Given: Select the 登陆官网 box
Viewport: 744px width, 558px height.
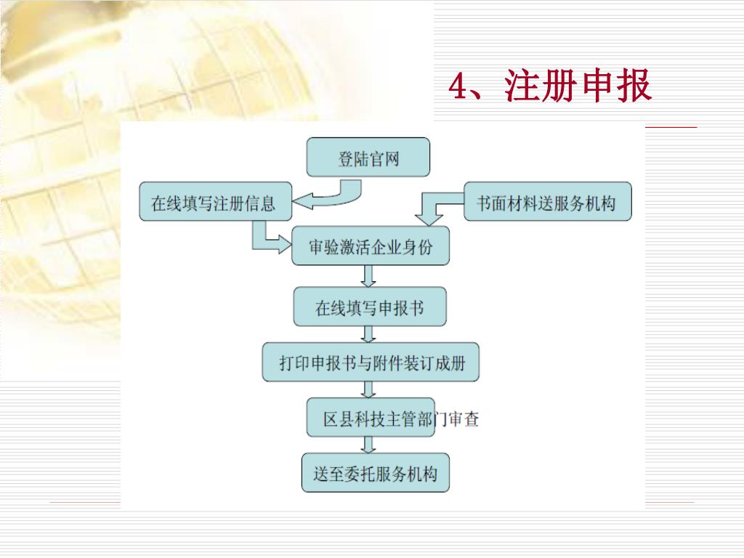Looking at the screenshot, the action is click(368, 158).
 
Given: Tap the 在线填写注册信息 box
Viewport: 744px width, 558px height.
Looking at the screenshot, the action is click(215, 202).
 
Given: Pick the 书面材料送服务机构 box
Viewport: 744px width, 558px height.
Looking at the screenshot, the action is click(547, 202).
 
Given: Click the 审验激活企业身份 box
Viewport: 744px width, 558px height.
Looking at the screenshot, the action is click(370, 247).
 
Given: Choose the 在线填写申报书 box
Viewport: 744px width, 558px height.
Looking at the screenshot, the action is click(369, 307).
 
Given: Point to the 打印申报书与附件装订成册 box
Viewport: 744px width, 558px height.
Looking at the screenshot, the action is click(371, 362).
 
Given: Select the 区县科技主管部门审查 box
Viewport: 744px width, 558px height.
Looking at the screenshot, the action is click(371, 418).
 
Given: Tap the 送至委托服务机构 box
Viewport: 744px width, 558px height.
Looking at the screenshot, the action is click(375, 474).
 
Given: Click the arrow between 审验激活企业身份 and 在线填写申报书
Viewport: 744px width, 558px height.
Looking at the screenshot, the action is click(368, 276).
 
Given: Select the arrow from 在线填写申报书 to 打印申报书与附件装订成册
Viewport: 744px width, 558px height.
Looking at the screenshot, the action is click(368, 334).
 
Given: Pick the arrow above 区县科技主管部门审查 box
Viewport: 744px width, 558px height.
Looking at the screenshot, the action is click(368, 389).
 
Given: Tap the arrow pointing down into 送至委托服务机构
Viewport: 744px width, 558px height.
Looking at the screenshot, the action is click(368, 445).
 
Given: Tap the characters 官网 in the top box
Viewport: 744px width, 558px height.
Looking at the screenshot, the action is click(384, 158).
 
